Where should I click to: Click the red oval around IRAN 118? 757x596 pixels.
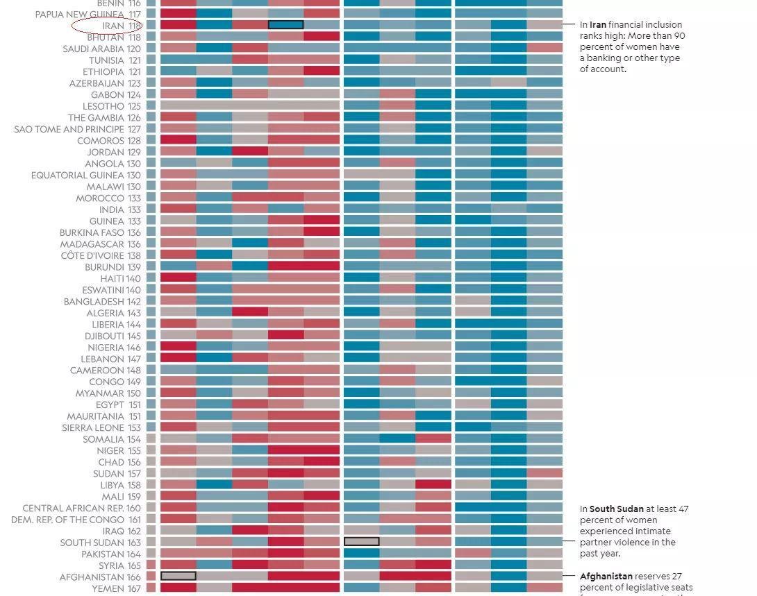[107, 26]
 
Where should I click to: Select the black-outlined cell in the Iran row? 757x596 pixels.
[285, 25]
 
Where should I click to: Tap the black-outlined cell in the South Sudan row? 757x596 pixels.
[361, 541]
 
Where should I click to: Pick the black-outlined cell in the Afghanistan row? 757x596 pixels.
[178, 576]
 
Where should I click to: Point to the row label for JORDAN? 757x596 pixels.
[105, 152]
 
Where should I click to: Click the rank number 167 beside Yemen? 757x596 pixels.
[133, 588]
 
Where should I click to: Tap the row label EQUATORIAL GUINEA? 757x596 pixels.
[77, 175]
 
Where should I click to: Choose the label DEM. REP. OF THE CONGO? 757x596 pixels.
[67, 519]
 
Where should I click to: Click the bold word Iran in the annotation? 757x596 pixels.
[598, 25]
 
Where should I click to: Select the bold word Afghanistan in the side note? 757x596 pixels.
[606, 577]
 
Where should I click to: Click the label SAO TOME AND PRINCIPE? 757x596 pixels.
[69, 129]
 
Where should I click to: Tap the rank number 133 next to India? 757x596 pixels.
[133, 210]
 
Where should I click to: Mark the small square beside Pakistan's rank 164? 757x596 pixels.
[151, 554]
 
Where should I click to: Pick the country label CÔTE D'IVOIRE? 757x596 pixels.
[92, 255]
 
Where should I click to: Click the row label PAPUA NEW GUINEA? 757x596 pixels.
[79, 14]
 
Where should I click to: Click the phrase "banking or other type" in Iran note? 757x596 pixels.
[630, 58]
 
